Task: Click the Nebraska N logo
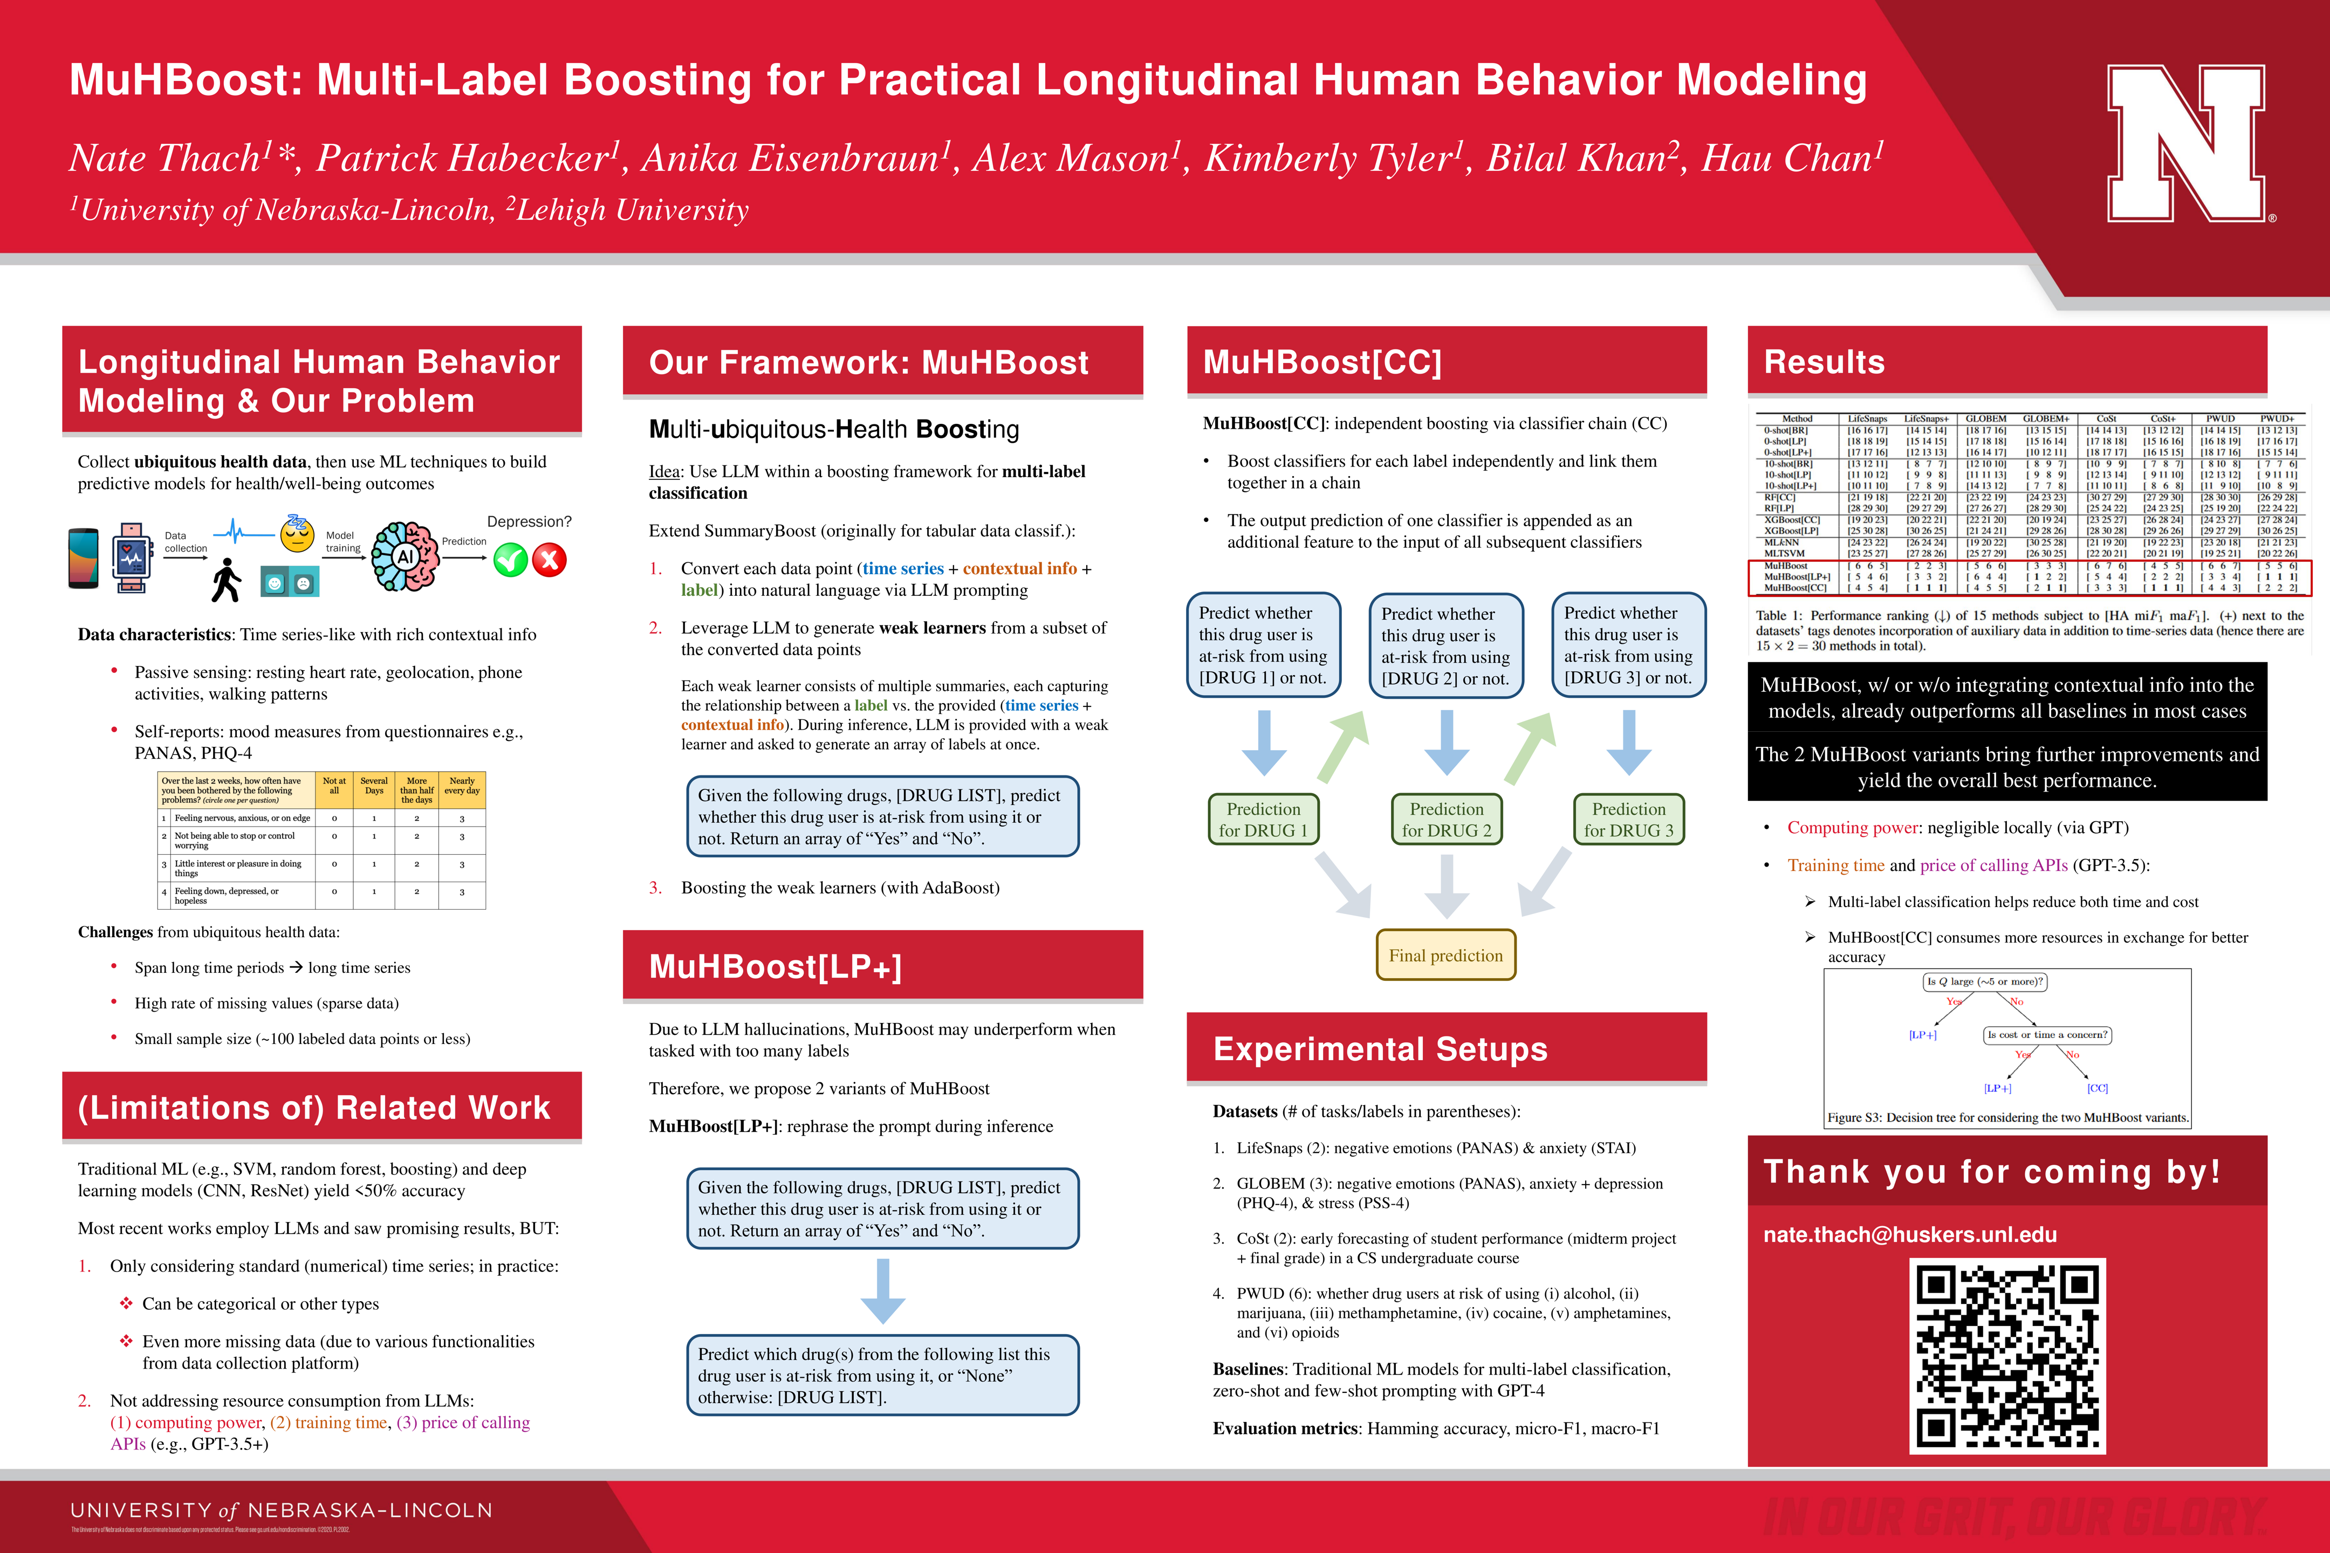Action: [2185, 143]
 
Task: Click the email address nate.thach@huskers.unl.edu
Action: [1910, 1235]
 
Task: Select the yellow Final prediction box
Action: [1445, 956]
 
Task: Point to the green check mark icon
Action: [510, 561]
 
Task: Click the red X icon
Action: [550, 561]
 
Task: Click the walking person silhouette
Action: [226, 580]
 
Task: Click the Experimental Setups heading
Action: [1380, 1049]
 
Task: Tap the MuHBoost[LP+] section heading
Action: [775, 967]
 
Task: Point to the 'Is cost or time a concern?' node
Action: [2047, 1035]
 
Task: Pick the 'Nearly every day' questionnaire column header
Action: [462, 786]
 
